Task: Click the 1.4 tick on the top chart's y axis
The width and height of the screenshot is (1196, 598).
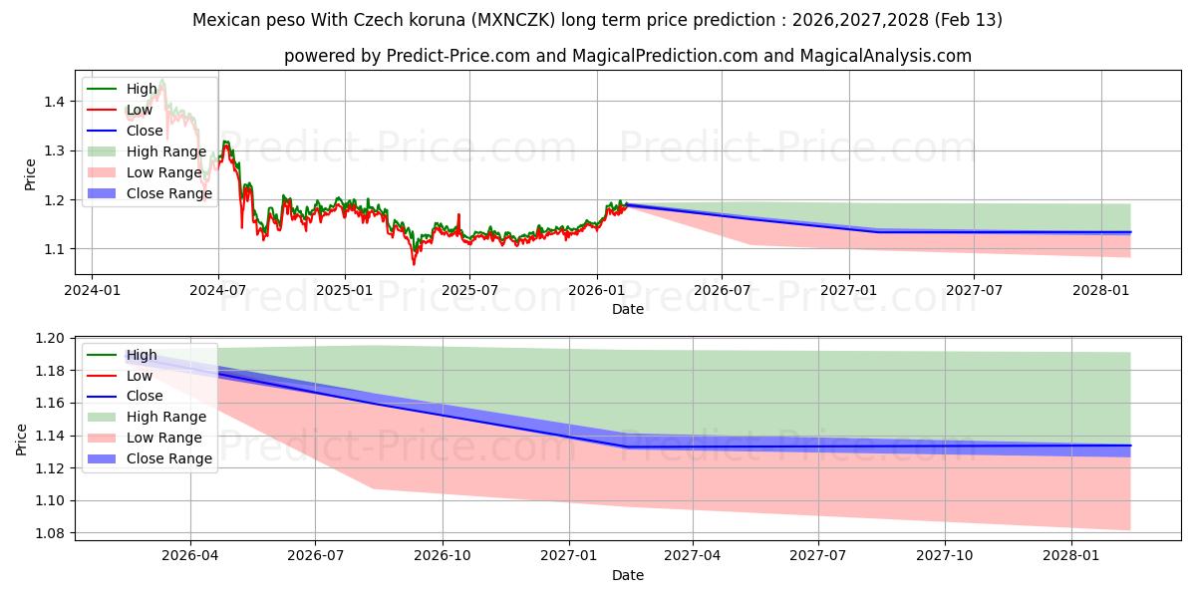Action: tap(55, 102)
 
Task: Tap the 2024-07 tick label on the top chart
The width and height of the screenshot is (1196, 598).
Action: tap(218, 291)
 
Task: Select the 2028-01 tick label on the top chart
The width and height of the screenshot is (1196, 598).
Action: tap(1101, 291)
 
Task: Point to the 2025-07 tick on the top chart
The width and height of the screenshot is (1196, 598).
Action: tap(470, 291)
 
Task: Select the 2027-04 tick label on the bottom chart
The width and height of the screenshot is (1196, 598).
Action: tap(693, 557)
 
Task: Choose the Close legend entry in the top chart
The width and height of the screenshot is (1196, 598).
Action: tap(146, 131)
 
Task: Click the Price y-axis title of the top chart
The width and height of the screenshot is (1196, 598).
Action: tap(30, 174)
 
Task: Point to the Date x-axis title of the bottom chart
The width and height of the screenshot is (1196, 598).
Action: tap(628, 575)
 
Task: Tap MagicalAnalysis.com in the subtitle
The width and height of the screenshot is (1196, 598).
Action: tap(886, 56)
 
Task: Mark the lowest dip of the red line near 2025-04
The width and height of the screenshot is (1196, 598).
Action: tap(414, 264)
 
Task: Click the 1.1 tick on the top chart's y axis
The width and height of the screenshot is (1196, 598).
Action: tap(55, 249)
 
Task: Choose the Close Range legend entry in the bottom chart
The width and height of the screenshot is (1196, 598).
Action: tap(168, 458)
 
